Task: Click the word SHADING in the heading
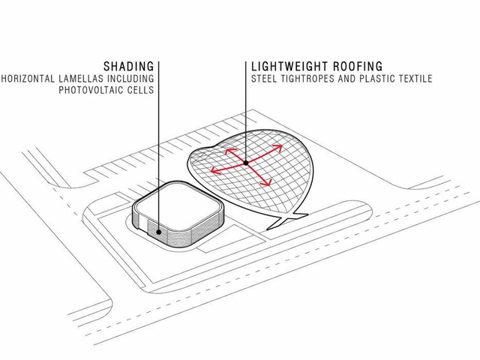pos(128,67)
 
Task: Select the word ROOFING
pos(358,67)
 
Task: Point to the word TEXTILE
pos(415,79)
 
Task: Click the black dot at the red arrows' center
pos(246,163)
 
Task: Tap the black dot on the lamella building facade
pos(158,232)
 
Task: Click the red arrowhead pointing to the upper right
pos(277,148)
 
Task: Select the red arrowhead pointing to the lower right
pos(266,182)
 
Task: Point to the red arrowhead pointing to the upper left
pos(230,151)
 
